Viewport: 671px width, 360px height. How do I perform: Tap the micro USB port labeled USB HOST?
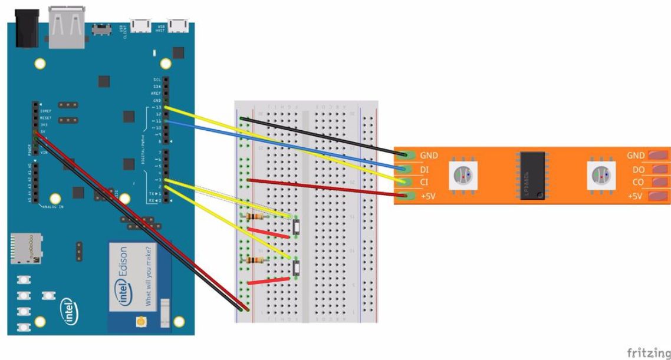(175, 25)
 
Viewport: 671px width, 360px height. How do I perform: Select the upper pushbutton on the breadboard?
(297, 227)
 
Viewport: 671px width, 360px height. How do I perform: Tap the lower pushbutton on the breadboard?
(297, 269)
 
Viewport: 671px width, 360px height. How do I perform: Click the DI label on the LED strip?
(424, 170)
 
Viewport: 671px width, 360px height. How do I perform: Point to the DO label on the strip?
(638, 170)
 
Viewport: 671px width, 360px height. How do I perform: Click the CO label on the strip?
(638, 183)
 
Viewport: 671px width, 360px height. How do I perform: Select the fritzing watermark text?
(648, 352)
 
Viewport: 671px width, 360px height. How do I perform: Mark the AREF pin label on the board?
(156, 93)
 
